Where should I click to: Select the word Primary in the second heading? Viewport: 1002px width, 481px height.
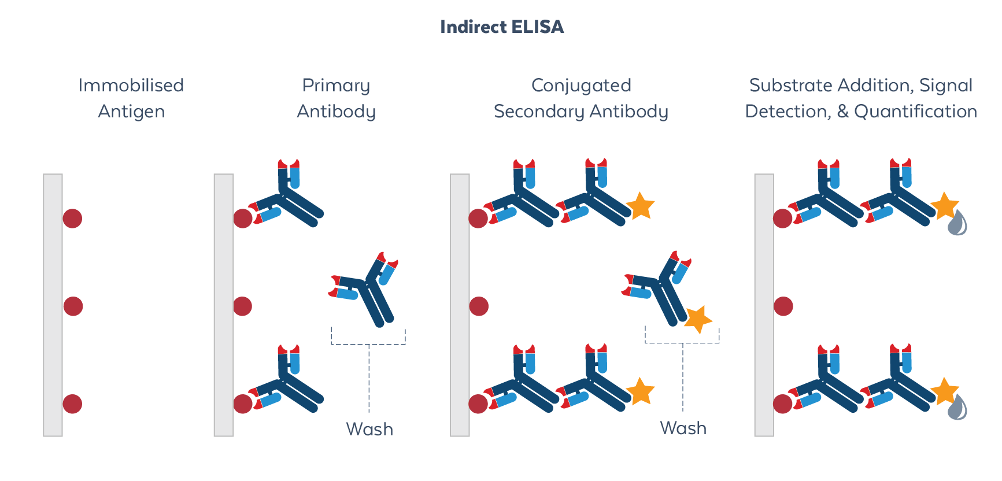336,86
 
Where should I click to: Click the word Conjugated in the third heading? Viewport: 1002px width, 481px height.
581,86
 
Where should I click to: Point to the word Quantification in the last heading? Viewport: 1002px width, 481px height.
915,111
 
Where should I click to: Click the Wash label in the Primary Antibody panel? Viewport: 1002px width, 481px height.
369,429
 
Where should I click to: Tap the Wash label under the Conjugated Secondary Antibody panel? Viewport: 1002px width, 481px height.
683,428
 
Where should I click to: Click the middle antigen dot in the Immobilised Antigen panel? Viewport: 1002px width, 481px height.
73,306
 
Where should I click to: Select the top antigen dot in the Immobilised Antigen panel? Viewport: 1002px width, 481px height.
72,219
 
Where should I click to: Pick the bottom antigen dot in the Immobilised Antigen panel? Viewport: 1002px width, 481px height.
72,404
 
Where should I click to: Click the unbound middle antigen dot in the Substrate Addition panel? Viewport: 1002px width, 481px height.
783,306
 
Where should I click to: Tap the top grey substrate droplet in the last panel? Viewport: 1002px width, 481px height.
957,224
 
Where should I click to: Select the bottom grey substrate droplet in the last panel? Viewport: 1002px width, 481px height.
957,408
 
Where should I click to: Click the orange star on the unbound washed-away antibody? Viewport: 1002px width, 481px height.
698,319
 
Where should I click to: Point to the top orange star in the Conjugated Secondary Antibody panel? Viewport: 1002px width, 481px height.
640,206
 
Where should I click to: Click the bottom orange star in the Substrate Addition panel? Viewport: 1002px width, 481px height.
944,391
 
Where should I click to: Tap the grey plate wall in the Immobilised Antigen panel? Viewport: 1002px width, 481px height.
53,305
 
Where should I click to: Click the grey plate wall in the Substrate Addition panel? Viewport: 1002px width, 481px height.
764,305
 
